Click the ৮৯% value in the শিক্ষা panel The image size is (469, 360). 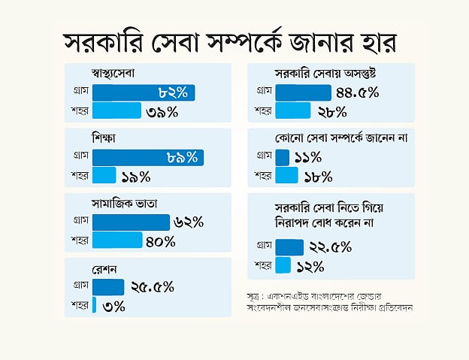click(182, 157)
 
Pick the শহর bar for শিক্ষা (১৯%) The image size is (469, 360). click(104, 176)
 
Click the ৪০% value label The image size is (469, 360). click(160, 241)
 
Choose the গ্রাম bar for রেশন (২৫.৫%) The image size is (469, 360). click(108, 286)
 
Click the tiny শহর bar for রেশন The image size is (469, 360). click(94, 304)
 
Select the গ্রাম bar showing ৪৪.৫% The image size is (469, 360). click(303, 92)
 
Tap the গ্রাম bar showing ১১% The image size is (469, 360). click(283, 157)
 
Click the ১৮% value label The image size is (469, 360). click(319, 176)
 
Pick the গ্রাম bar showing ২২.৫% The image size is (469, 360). click(290, 247)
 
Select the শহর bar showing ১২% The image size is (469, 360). click(283, 265)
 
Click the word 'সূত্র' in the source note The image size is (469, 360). click(257, 294)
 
